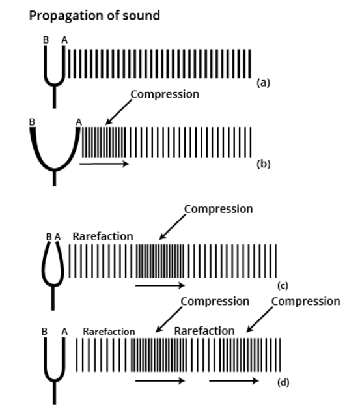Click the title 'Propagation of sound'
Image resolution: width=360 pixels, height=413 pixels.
[x=94, y=16]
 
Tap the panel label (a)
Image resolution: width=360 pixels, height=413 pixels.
[x=263, y=83]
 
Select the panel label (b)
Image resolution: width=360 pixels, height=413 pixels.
[x=264, y=164]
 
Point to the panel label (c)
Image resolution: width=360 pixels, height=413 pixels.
[x=283, y=285]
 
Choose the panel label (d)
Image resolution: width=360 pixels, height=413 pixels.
[x=283, y=382]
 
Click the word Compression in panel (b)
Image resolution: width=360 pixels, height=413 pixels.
[x=165, y=94]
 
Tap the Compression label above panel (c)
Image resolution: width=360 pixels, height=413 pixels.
[x=219, y=209]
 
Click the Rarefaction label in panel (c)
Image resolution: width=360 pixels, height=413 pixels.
[x=103, y=236]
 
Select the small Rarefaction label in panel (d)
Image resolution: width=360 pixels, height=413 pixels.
[x=109, y=332]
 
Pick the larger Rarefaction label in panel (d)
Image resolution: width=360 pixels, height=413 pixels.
[x=204, y=331]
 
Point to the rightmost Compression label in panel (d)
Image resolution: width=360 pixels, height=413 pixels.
[x=305, y=302]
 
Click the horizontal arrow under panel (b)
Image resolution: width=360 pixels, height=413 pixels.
[x=104, y=164]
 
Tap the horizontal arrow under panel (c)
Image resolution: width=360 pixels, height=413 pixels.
[x=160, y=285]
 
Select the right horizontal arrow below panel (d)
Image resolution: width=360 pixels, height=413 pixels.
[x=234, y=380]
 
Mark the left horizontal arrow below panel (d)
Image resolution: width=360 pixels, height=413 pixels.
[x=160, y=380]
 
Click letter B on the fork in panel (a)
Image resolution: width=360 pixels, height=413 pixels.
[x=46, y=40]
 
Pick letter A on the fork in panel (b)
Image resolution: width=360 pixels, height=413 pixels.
[x=79, y=122]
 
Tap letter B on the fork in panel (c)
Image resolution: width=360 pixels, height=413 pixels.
[x=49, y=236]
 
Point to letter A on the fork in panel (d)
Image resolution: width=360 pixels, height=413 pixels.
[x=64, y=332]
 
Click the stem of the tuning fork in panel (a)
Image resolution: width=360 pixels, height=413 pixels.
[x=55, y=96]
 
